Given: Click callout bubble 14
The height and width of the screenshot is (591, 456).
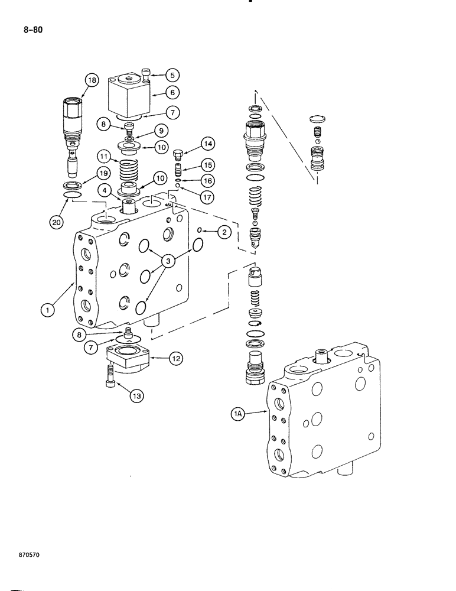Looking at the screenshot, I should [193, 143].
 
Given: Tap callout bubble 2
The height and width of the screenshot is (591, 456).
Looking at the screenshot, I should [223, 232].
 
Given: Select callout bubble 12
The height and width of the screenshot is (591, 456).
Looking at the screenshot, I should [176, 357].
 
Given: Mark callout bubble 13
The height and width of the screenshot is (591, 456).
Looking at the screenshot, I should [136, 397].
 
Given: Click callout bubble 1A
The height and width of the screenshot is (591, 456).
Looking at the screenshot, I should [237, 415].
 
